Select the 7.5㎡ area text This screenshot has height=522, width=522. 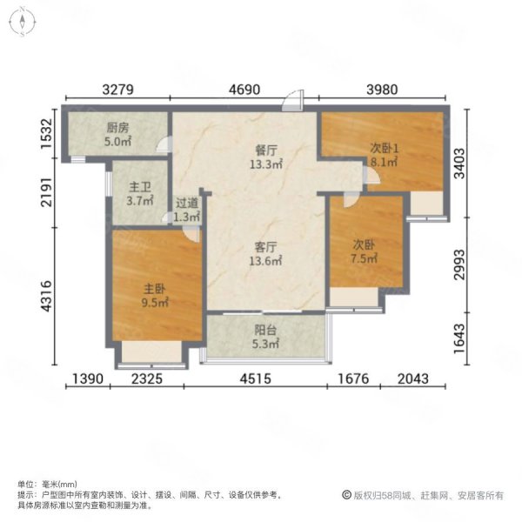click(365, 258)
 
